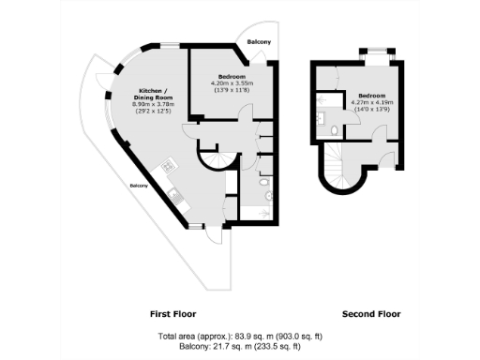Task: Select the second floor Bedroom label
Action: [x=371, y=95]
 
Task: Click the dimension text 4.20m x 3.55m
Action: [x=232, y=82]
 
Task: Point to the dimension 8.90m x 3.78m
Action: [x=151, y=106]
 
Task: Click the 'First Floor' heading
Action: [x=173, y=313]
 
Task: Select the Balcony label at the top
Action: [x=259, y=43]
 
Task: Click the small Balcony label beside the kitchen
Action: [x=139, y=185]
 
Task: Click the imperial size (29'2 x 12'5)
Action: [x=151, y=113]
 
